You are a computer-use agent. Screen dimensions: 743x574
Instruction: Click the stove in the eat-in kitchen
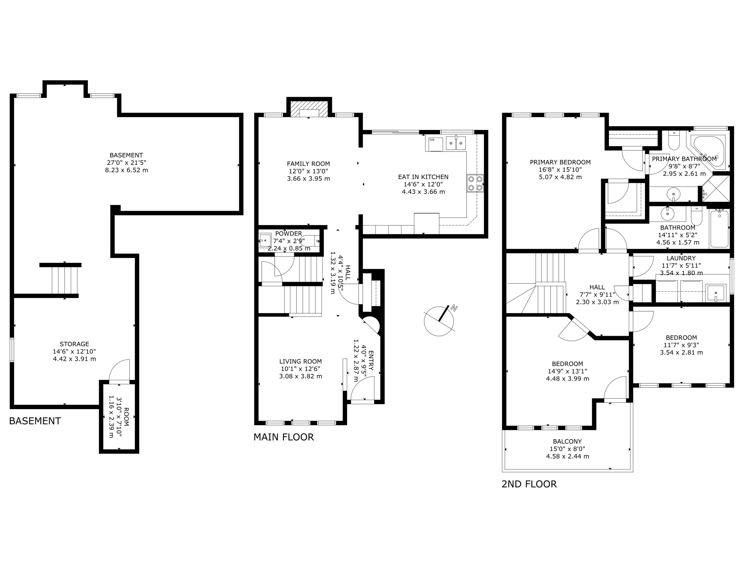point(475,183)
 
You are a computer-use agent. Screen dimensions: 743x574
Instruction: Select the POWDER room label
point(288,234)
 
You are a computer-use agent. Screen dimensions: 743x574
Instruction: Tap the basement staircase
point(65,280)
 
